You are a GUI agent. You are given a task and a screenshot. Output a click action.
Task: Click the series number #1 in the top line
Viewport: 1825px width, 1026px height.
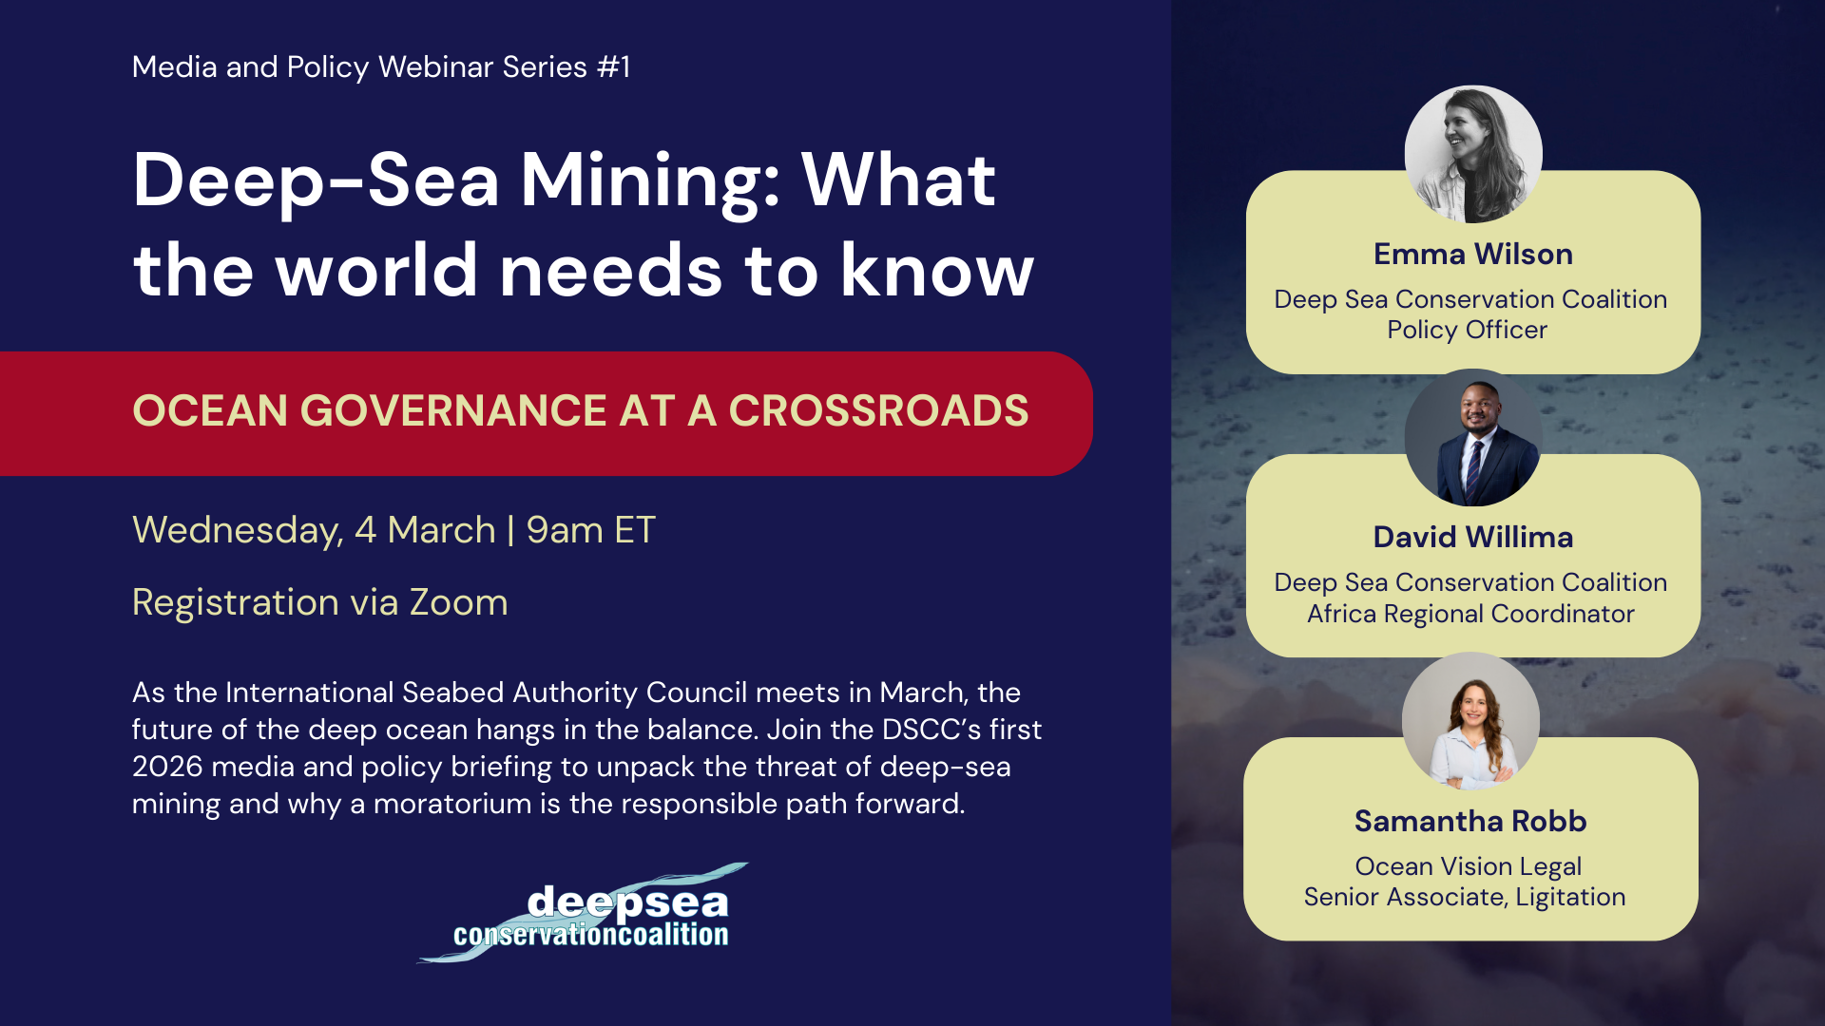(x=613, y=67)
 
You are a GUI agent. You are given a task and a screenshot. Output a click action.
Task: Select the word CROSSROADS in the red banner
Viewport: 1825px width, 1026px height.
(x=878, y=410)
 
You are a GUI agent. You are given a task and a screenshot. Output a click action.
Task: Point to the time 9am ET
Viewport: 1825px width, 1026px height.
(x=590, y=530)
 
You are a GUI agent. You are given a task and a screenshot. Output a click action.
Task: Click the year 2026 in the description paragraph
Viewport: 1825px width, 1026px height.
(x=167, y=767)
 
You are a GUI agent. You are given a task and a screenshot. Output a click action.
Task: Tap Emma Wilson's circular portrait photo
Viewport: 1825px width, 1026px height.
(x=1473, y=154)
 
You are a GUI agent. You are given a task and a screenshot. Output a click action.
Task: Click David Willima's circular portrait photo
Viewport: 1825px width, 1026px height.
(x=1473, y=437)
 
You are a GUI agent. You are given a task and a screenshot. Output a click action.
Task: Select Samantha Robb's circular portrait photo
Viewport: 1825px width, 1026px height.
(x=1470, y=721)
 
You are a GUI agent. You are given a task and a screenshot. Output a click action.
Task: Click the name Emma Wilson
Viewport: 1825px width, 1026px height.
(x=1473, y=255)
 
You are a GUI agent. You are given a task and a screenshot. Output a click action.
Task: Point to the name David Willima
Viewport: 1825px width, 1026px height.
(x=1473, y=538)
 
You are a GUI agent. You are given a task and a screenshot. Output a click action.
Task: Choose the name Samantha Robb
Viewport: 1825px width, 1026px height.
(x=1470, y=821)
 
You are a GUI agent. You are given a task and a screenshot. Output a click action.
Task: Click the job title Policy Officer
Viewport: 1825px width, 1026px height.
(x=1468, y=330)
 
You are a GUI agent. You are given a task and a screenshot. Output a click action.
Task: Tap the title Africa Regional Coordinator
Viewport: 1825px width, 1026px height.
(x=1470, y=614)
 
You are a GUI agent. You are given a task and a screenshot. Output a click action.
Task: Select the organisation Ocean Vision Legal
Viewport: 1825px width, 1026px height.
(x=1469, y=866)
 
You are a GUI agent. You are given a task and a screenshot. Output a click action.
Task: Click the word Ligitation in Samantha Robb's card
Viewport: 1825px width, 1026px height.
(x=1570, y=898)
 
